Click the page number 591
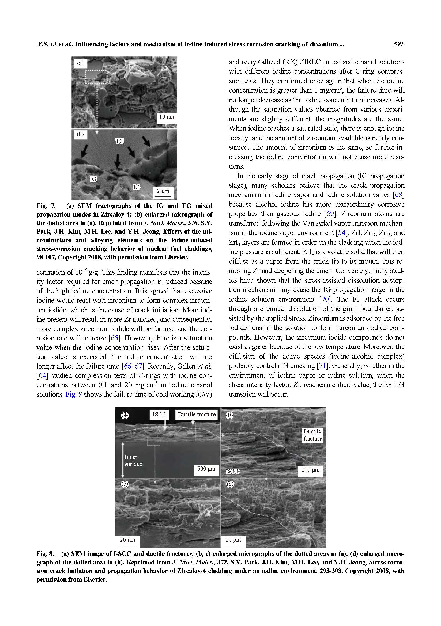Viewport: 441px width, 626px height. tap(398, 44)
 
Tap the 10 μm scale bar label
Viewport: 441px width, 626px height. tap(166, 117)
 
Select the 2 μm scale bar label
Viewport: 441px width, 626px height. tap(163, 191)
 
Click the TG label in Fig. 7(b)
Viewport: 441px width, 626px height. tap(119, 141)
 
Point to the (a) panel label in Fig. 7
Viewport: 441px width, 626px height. tap(80, 63)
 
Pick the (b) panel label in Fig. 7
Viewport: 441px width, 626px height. tap(80, 134)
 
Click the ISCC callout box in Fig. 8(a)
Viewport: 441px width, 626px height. tap(159, 415)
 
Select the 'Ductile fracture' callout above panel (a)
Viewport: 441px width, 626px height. tap(196, 415)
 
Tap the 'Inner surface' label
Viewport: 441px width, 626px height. tap(133, 461)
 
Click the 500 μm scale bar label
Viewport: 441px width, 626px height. tap(206, 469)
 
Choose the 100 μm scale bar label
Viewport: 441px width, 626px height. tap(310, 470)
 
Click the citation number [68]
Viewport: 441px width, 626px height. tap(399, 195)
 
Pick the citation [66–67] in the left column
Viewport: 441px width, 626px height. tap(133, 366)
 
